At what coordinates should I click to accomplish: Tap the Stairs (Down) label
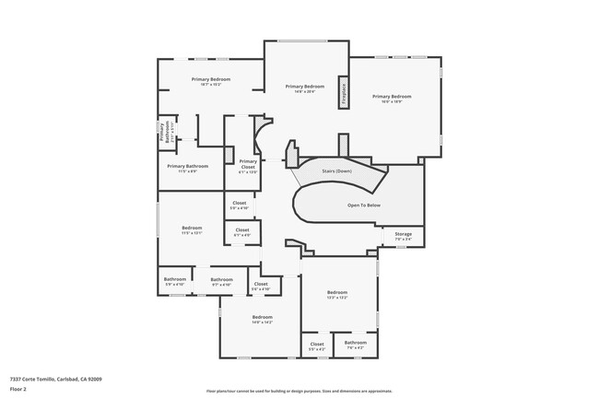(336, 170)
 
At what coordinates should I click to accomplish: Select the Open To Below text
(363, 205)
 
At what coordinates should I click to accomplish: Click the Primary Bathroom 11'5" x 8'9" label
(187, 168)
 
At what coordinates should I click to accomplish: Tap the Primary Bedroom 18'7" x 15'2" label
(211, 81)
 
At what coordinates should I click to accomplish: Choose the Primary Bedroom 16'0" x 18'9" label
(392, 99)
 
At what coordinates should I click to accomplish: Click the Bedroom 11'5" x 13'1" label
(192, 229)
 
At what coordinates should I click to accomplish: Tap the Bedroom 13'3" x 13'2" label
(337, 294)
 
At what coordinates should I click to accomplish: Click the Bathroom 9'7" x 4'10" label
(221, 281)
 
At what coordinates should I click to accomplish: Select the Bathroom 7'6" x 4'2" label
(356, 345)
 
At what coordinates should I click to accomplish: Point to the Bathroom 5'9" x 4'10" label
(175, 281)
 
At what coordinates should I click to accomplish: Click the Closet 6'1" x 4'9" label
(242, 232)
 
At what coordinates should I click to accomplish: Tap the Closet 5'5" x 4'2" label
(317, 346)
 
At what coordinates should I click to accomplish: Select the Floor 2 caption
(18, 389)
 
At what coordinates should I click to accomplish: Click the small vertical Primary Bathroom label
(161, 131)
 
